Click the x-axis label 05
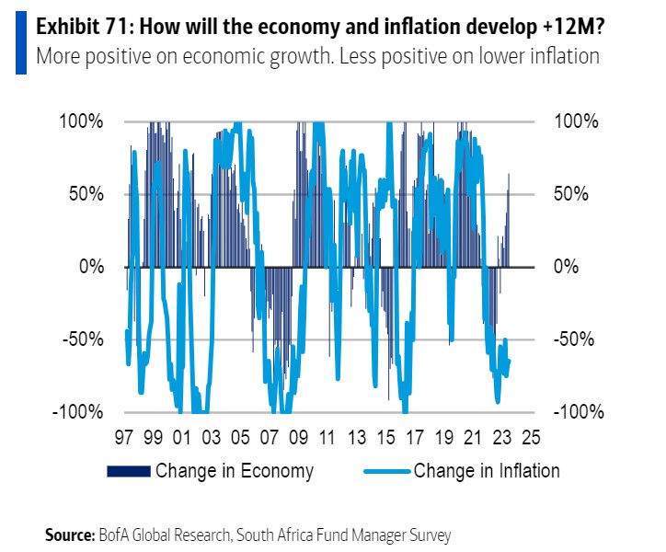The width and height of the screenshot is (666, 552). (x=240, y=437)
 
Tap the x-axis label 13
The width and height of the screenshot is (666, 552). (x=357, y=437)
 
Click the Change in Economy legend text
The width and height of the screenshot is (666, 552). (x=235, y=471)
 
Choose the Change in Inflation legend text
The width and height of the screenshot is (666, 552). (x=487, y=471)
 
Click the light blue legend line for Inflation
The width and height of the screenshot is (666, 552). (x=385, y=472)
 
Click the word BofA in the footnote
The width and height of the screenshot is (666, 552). (x=114, y=535)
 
